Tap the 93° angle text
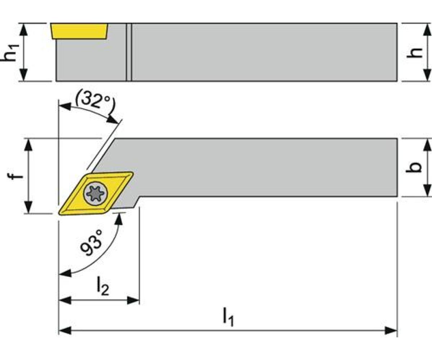click(x=91, y=243)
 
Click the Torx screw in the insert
click(x=96, y=193)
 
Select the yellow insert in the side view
click(x=79, y=31)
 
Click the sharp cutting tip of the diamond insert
click(x=59, y=214)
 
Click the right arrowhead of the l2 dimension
click(x=133, y=300)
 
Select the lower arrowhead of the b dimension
click(x=426, y=190)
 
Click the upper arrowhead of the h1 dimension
click(x=24, y=30)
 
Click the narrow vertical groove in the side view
click(x=129, y=52)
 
